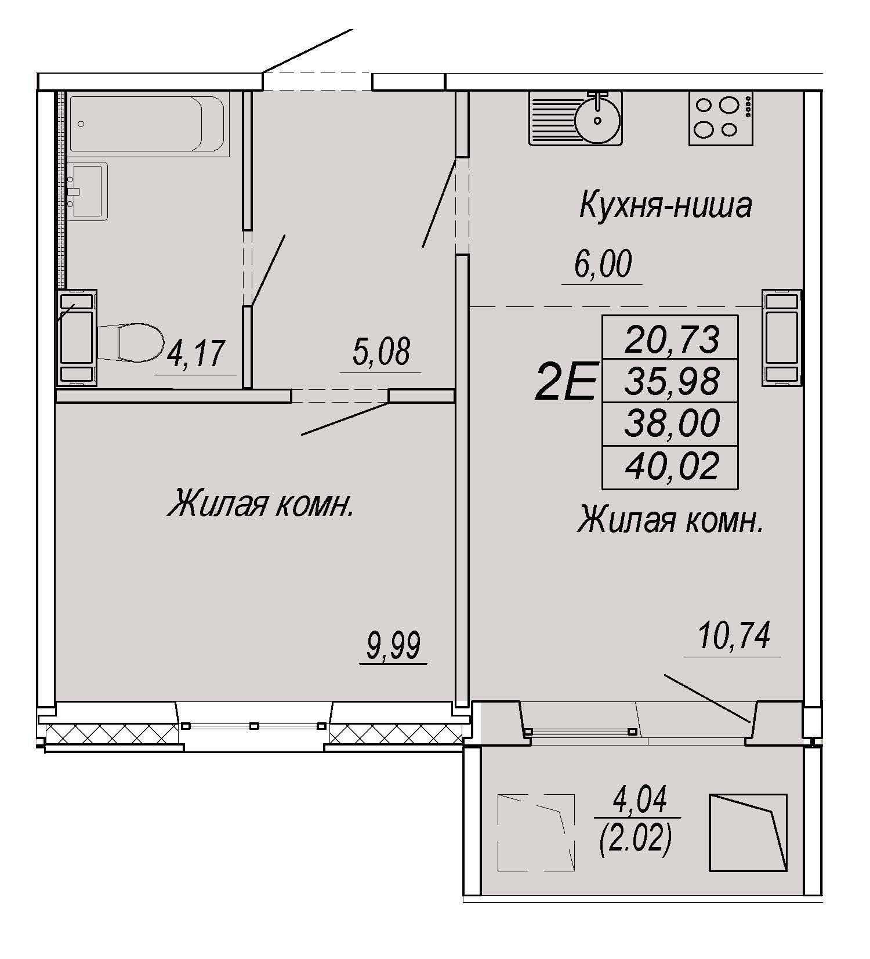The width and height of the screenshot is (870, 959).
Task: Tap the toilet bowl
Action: (x=130, y=342)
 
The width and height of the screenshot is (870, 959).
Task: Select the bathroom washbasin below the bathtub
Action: (x=88, y=190)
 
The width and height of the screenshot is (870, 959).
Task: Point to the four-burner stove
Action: (x=721, y=118)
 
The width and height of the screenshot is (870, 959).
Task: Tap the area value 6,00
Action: (x=603, y=264)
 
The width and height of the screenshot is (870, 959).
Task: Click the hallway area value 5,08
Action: (x=381, y=351)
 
